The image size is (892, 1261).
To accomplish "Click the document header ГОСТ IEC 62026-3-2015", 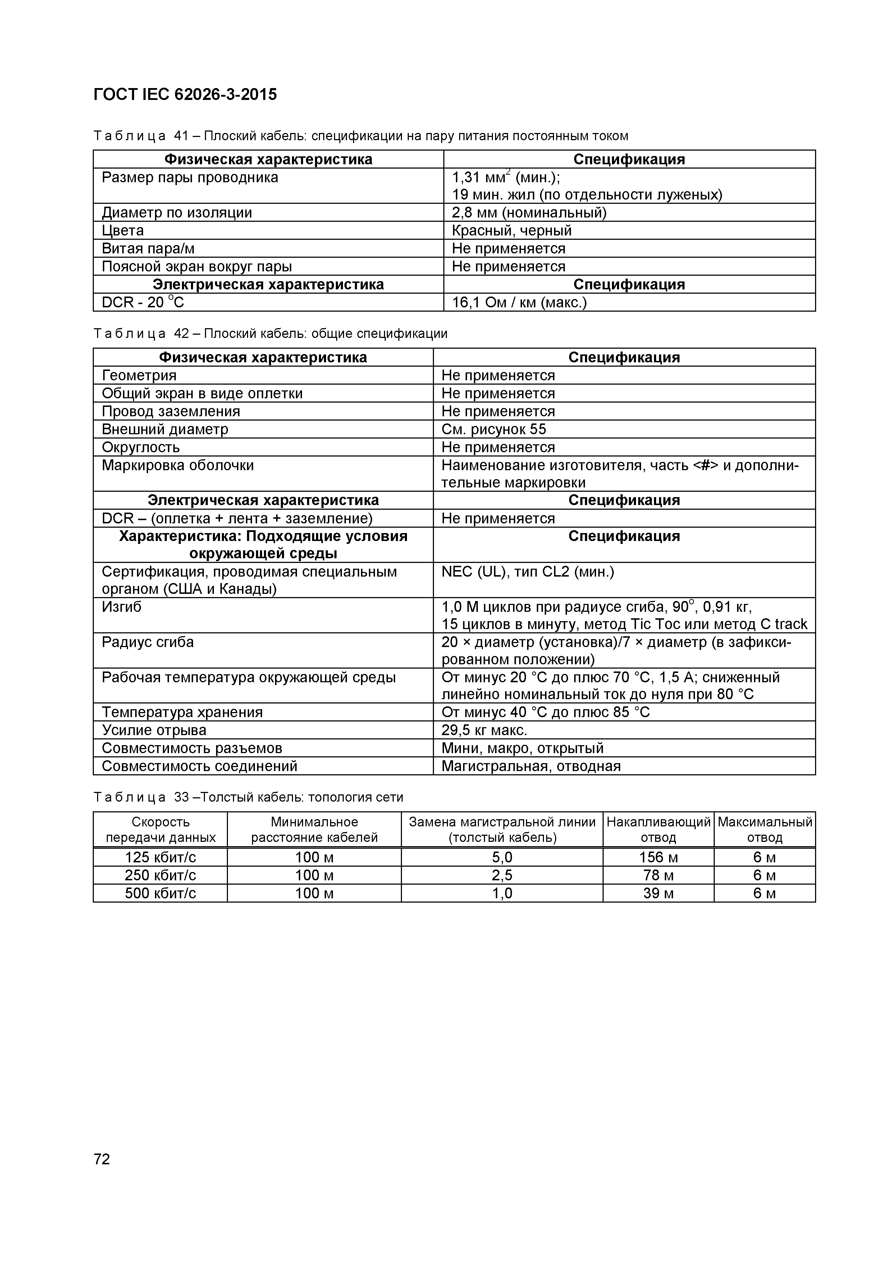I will (x=185, y=95).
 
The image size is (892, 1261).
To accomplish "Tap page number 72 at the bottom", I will (x=102, y=1159).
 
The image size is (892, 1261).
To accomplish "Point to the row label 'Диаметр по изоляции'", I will (x=177, y=212).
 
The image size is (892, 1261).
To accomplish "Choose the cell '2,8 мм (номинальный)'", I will (x=529, y=212).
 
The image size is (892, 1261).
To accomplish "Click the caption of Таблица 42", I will (x=270, y=333).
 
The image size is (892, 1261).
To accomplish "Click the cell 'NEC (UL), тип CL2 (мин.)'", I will (x=527, y=572).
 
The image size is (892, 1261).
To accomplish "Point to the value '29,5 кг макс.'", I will (x=484, y=730).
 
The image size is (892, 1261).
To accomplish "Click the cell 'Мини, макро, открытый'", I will (x=522, y=748).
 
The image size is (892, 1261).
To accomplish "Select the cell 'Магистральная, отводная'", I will (x=531, y=766).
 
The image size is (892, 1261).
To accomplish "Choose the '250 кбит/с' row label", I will (x=160, y=875).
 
